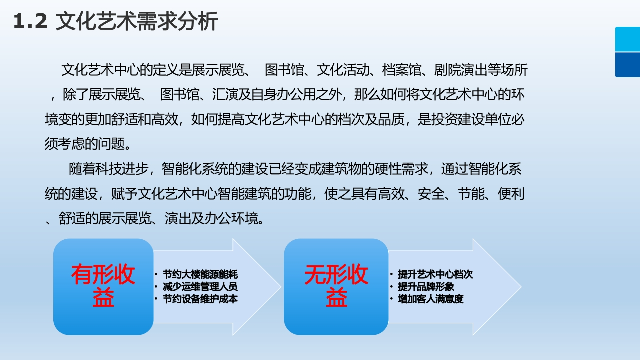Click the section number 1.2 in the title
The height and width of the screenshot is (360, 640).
tap(30, 21)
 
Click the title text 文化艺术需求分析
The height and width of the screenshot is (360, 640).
tap(137, 21)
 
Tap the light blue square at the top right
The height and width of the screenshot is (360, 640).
tap(627, 39)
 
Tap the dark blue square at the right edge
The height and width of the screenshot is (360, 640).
tap(627, 65)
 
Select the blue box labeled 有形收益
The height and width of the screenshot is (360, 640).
tap(103, 287)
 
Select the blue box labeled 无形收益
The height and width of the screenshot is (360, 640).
tap(336, 287)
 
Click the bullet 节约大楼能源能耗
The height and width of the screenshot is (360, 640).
tap(200, 274)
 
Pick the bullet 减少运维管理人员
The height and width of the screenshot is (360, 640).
tap(200, 287)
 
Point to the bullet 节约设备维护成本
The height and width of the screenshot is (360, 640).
tap(200, 299)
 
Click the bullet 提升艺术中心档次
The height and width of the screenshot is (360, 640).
tap(435, 274)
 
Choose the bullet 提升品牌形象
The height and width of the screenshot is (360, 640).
tap(426, 287)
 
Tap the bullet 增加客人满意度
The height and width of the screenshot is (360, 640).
tap(431, 299)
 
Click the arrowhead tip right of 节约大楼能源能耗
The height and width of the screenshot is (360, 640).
tap(281, 287)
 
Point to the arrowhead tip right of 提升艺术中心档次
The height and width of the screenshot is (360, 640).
tap(521, 287)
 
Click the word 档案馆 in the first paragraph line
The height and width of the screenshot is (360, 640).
tap(401, 70)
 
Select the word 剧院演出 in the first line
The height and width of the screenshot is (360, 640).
tap(460, 70)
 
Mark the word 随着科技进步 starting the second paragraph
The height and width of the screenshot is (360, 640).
tap(109, 169)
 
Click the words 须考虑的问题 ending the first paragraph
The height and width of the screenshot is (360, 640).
tap(85, 144)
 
